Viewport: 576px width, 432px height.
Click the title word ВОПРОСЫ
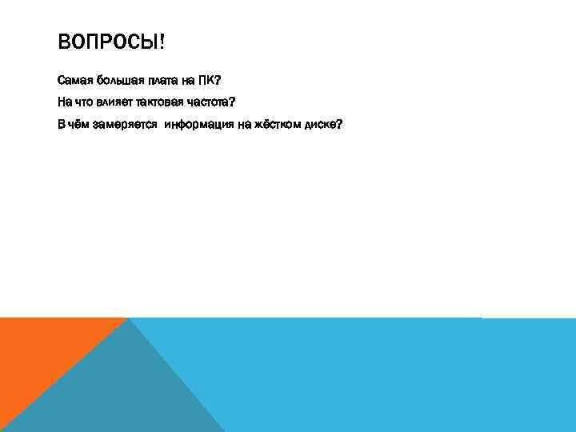(106, 41)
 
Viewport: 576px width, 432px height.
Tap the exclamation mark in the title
(162, 41)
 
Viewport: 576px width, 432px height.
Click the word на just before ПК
(189, 81)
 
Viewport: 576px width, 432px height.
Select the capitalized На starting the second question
(64, 102)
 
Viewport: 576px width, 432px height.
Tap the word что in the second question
(83, 102)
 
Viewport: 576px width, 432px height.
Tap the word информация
(199, 124)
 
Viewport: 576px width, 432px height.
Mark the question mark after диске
(340, 124)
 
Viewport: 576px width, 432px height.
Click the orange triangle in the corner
(40, 352)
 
